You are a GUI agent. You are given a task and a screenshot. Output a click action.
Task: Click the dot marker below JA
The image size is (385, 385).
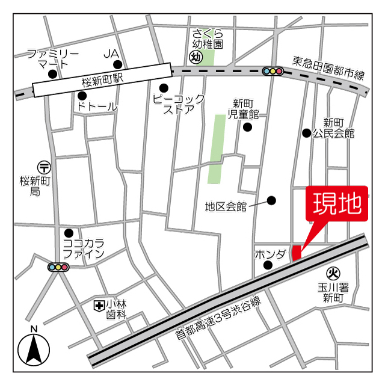(x=118, y=65)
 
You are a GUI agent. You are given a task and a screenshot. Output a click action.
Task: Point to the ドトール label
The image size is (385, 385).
(x=97, y=106)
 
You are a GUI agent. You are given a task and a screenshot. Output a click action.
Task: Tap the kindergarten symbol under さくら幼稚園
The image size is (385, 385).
(x=195, y=58)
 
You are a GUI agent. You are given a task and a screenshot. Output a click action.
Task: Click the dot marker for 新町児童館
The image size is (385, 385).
(x=247, y=126)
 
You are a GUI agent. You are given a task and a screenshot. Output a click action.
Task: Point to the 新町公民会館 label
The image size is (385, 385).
(x=333, y=127)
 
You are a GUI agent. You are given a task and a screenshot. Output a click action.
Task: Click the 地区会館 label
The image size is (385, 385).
(x=226, y=207)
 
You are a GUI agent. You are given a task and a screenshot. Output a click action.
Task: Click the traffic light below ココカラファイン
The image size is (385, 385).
(x=58, y=267)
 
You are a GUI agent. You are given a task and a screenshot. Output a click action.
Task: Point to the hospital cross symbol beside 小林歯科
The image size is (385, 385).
(x=98, y=306)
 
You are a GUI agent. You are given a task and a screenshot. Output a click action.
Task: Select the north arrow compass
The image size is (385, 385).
(x=34, y=348)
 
